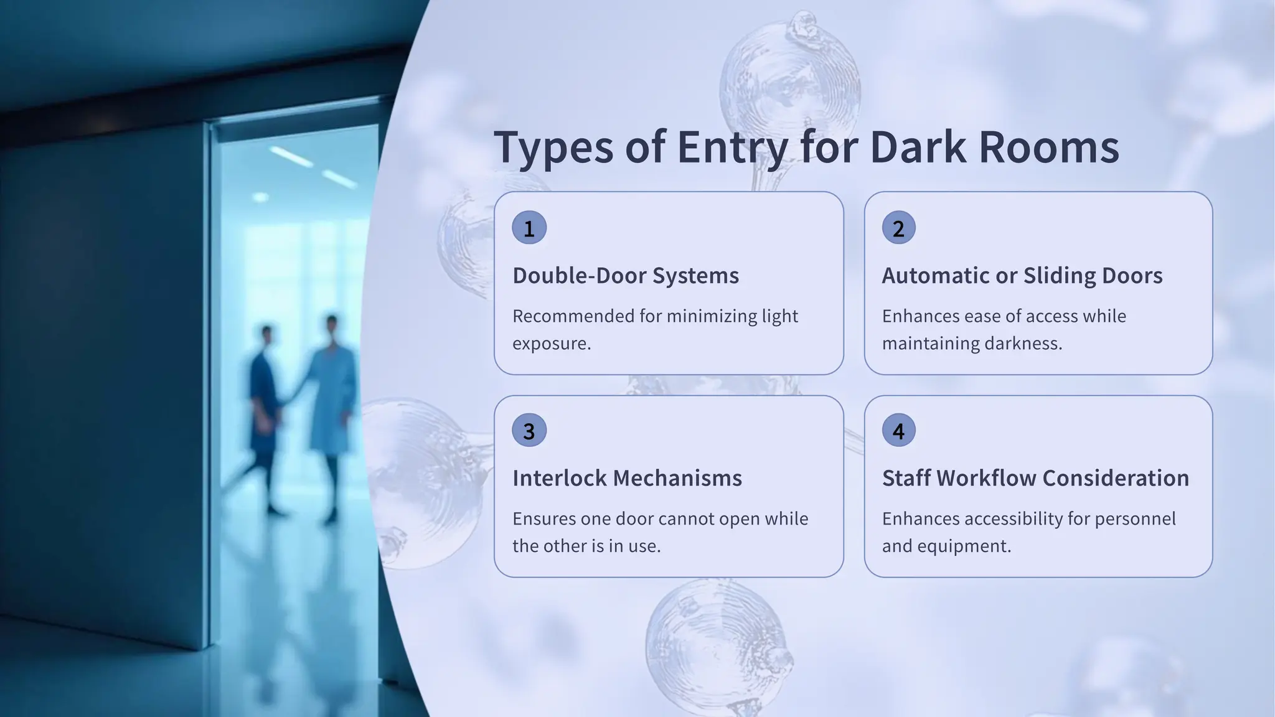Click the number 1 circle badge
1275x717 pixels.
coord(529,228)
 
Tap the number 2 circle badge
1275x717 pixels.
coord(898,228)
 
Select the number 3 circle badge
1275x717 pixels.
coord(529,430)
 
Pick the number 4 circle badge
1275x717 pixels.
coord(898,430)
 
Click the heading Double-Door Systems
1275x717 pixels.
coord(626,276)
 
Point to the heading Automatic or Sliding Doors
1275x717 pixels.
coord(1022,276)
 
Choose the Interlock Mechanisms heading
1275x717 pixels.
coord(627,478)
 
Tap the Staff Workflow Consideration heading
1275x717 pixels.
coord(1035,478)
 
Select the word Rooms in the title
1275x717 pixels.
coord(1049,148)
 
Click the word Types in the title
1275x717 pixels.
coord(553,148)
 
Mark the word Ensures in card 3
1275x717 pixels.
coord(543,518)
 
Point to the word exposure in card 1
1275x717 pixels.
coord(551,344)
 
